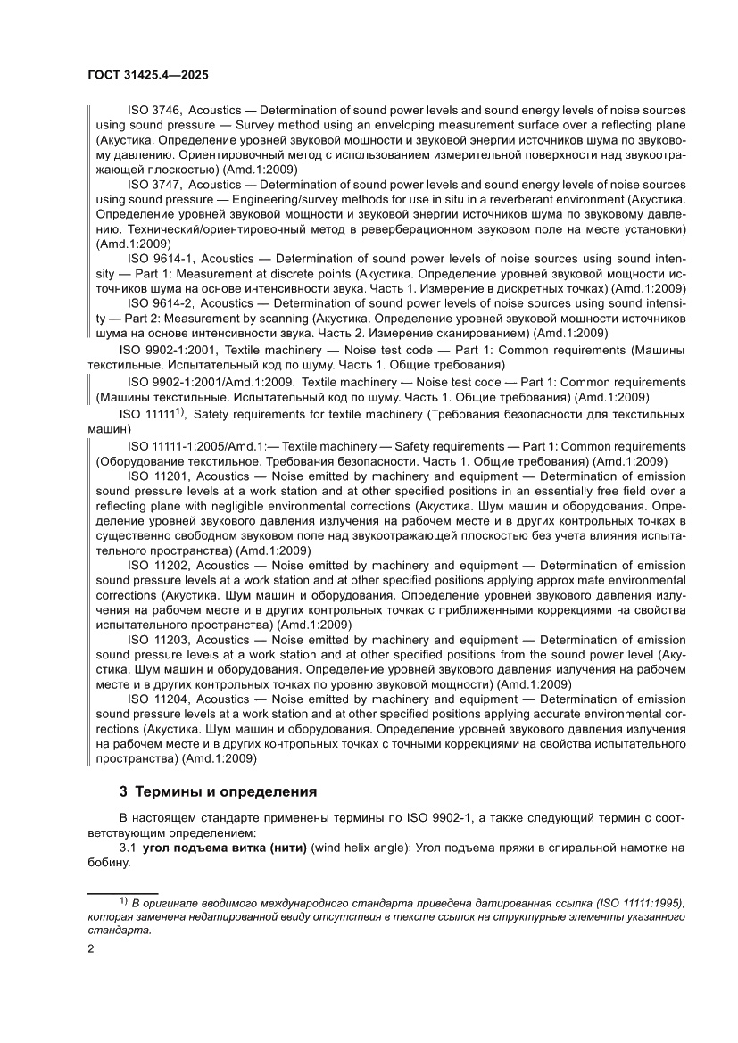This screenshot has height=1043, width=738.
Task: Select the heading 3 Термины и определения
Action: pos(218,791)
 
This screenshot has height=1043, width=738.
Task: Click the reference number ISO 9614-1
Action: pos(159,258)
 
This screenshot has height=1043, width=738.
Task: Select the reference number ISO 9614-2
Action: pos(159,303)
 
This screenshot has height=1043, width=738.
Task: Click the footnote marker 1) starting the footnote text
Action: pos(123,902)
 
